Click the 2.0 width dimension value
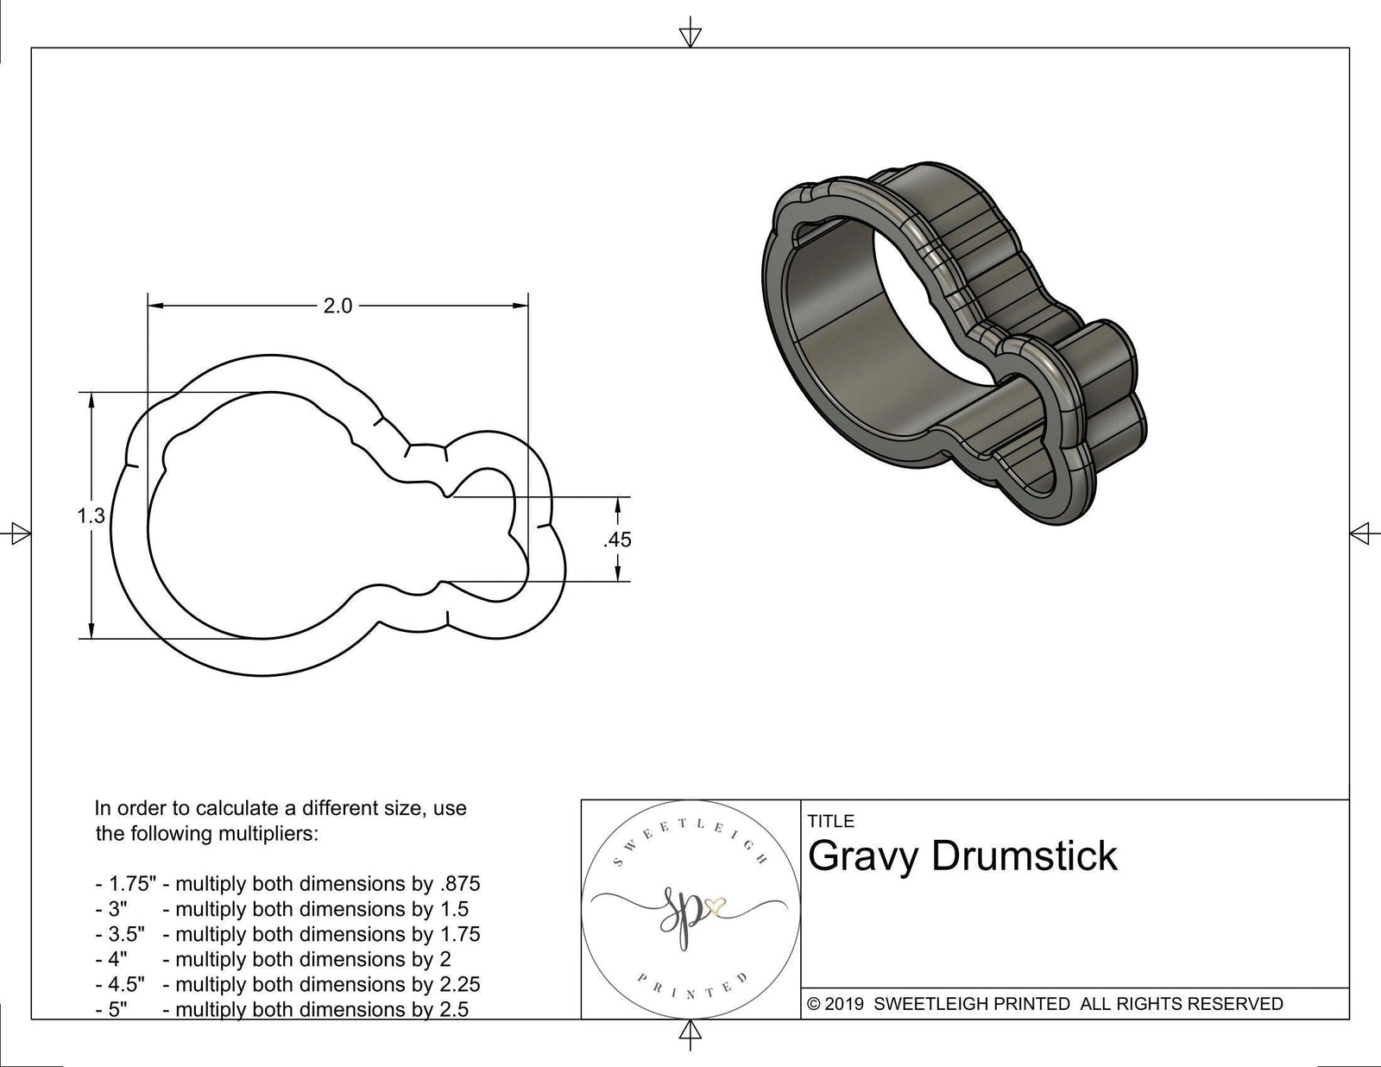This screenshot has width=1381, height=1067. [337, 306]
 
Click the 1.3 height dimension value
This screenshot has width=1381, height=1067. [91, 516]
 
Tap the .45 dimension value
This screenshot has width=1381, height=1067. [618, 540]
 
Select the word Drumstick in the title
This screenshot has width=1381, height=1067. [1025, 856]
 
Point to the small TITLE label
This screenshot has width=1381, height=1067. [831, 821]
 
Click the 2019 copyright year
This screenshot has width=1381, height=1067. [847, 1004]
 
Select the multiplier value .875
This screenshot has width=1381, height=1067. [461, 884]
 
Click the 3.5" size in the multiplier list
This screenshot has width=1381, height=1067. [126, 934]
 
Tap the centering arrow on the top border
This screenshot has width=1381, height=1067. [689, 35]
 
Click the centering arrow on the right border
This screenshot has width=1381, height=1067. [1360, 533]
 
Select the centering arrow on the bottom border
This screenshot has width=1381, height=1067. [689, 1032]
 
